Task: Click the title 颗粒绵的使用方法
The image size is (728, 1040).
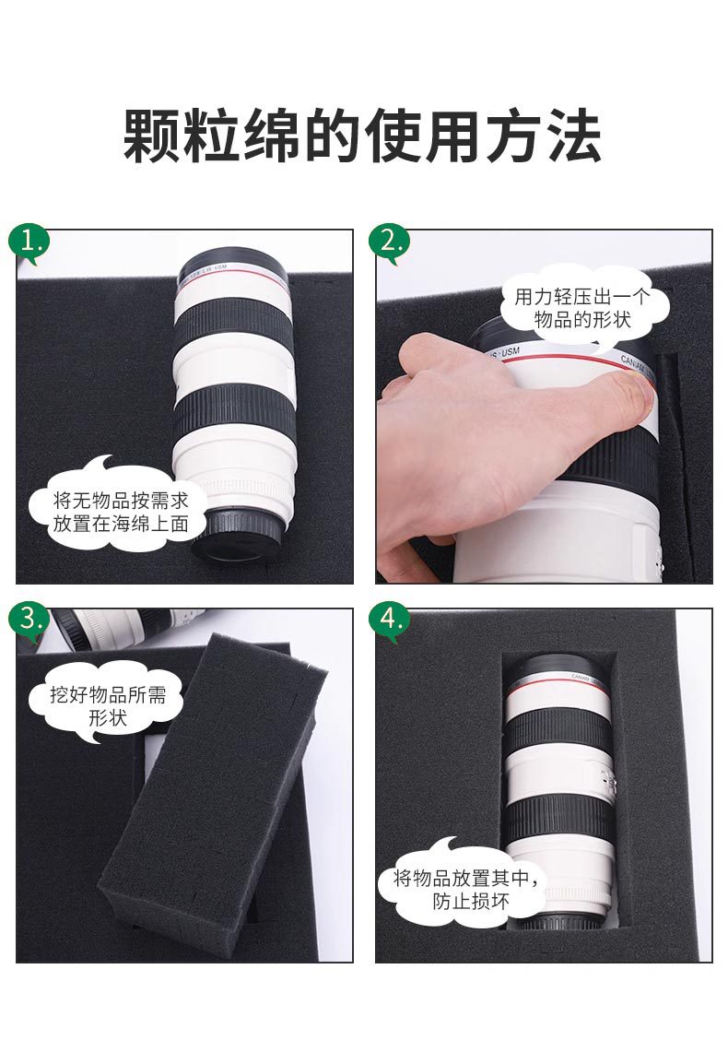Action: [x=362, y=136]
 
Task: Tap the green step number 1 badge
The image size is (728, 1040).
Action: [x=29, y=242]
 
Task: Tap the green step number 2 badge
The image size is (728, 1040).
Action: [x=389, y=242]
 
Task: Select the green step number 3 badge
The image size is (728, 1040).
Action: [x=29, y=621]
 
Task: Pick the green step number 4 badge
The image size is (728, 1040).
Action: [x=389, y=621]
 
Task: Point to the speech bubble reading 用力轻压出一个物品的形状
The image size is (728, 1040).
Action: [x=582, y=306]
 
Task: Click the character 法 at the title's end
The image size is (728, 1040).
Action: [x=574, y=136]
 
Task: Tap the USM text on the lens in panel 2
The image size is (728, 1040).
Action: [x=510, y=352]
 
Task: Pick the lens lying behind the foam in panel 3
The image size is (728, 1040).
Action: [x=127, y=627]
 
